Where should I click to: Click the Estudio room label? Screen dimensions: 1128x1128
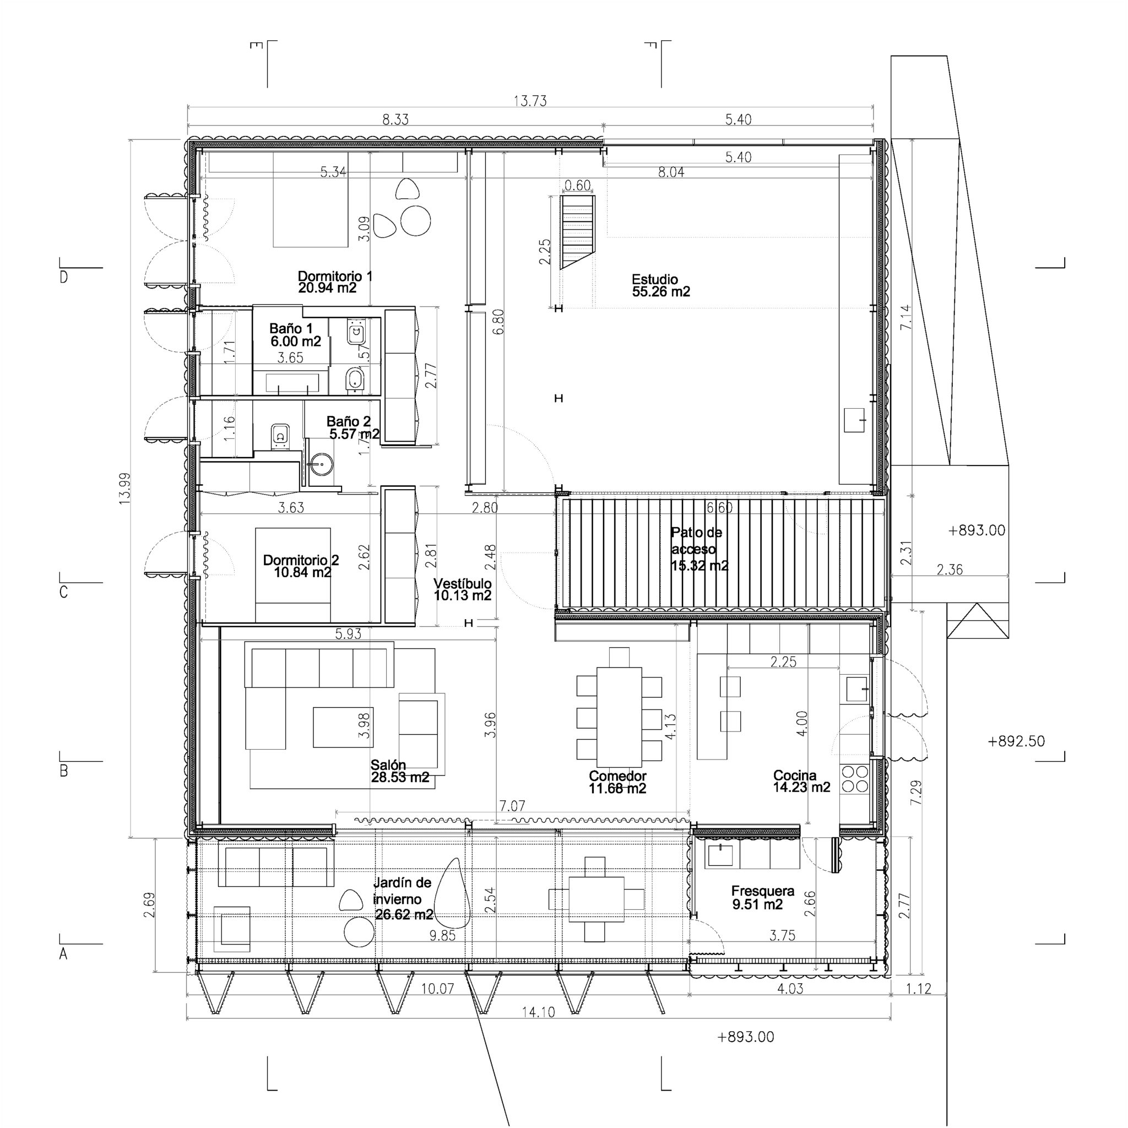660,285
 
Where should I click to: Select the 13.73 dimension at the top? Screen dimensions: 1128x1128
530,101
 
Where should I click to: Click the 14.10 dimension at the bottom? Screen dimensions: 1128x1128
538,1012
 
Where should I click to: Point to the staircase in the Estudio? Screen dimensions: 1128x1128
577,231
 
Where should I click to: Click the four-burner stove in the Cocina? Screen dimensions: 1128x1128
855,779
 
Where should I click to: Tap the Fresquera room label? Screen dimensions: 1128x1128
762,897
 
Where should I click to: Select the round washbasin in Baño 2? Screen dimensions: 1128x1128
320,464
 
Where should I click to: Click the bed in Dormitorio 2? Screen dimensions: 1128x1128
292,574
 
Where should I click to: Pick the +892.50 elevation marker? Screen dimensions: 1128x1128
1016,741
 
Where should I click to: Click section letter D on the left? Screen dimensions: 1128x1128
64,278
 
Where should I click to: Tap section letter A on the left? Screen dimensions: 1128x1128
64,954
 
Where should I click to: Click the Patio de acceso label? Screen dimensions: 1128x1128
698,549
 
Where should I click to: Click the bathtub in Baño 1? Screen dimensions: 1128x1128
292,383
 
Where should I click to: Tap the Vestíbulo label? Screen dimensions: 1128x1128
463,589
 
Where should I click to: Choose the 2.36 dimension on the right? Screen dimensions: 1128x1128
950,570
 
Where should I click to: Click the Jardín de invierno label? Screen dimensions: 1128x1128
403,898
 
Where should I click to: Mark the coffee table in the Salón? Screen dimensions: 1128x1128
342,727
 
